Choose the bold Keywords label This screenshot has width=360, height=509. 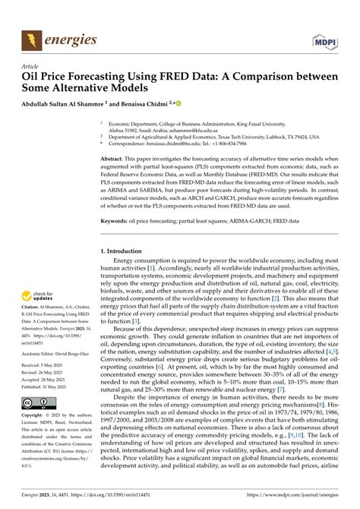pyautogui.click(x=116, y=223)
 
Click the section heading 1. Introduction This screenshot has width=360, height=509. pyautogui.click(x=125, y=250)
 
